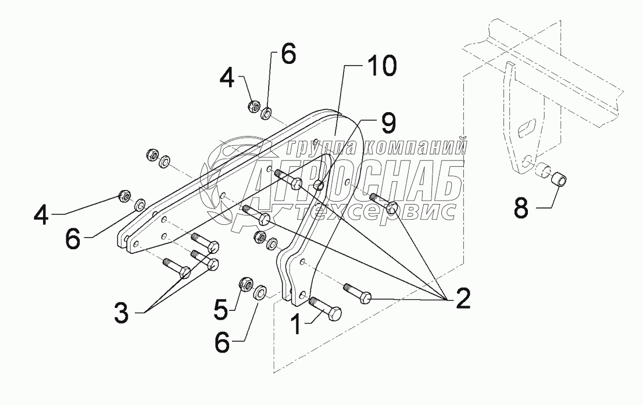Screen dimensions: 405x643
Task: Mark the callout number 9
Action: coord(388,123)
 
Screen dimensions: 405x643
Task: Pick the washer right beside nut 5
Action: coord(262,289)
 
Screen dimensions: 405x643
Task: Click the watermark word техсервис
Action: coord(378,212)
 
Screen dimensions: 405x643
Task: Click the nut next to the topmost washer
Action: coord(253,106)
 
